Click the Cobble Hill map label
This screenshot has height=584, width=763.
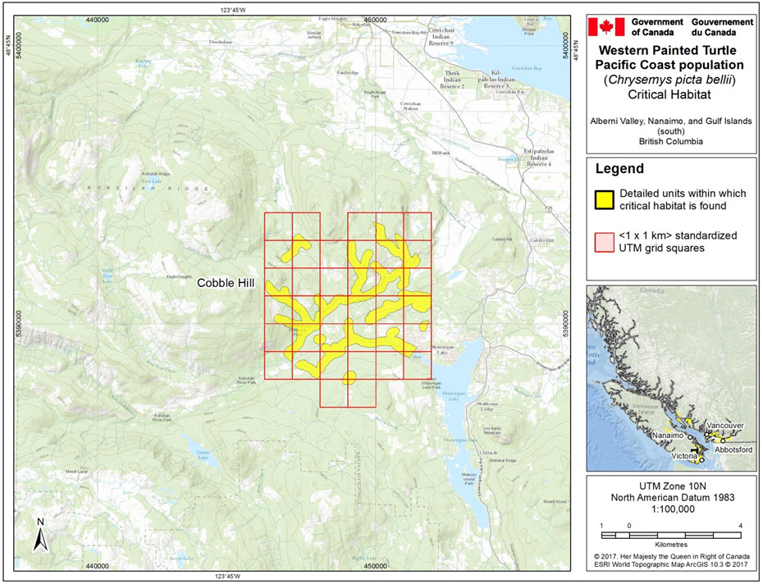(x=226, y=283)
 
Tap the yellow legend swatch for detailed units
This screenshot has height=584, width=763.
(x=605, y=198)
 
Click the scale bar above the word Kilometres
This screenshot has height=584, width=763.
(x=671, y=535)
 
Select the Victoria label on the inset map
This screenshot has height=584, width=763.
(x=683, y=455)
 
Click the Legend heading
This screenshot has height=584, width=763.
(x=619, y=170)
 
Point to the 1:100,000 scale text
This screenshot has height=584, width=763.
(x=671, y=509)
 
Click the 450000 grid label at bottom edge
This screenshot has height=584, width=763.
(x=375, y=566)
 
